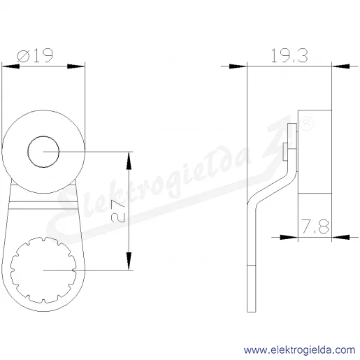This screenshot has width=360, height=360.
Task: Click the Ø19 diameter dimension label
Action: coord(35,55)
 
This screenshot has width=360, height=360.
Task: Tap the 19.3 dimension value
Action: coord(289,56)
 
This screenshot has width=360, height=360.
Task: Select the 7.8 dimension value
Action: coord(315,226)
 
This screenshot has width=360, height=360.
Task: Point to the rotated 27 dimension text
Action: coord(118,211)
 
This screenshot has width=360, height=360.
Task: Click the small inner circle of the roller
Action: coord(43,152)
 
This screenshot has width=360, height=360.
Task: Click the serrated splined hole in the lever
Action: coord(43,270)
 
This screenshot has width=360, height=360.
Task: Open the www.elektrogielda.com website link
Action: coord(299,350)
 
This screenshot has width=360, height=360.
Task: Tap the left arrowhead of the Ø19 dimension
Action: coord(10,66)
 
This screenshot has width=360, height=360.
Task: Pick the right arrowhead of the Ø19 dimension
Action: coord(76,66)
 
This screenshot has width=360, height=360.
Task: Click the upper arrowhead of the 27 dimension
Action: coord(129,161)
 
